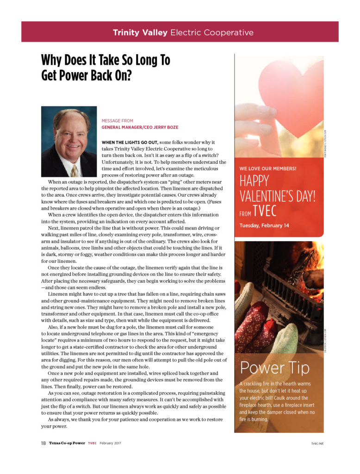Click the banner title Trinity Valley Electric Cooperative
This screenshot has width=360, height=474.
coord(183,32)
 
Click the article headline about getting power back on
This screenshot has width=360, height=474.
coord(106,67)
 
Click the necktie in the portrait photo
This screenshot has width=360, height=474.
coord(74,170)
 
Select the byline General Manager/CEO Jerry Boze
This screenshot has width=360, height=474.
coord(140,127)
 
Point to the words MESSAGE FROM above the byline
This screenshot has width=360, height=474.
coord(117,121)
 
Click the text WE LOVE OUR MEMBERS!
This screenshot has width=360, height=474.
coord(268,168)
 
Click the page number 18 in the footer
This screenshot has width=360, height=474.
coord(43,443)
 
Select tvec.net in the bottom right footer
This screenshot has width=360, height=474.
coord(317,443)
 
